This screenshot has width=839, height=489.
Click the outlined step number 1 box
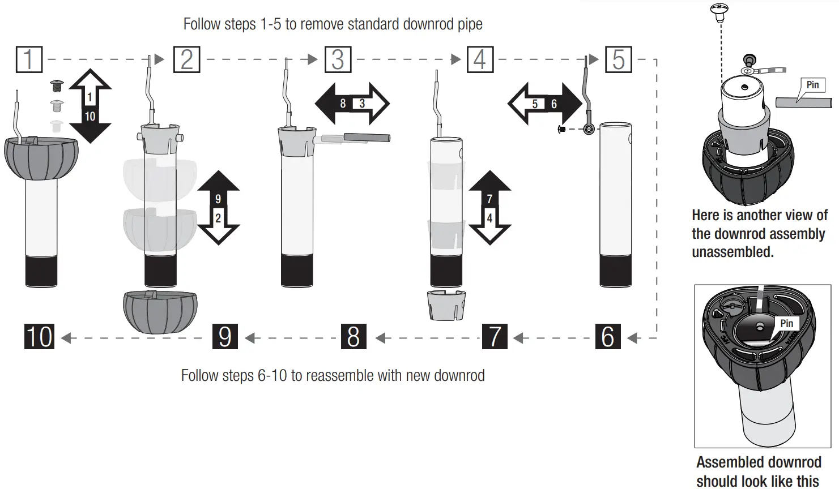click(x=29, y=59)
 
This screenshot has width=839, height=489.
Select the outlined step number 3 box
click(x=338, y=59)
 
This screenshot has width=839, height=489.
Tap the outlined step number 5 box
click(x=619, y=59)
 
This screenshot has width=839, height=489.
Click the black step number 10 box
click(x=39, y=337)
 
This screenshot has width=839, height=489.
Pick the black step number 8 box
click(x=354, y=337)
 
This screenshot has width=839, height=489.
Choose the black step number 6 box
click(x=608, y=337)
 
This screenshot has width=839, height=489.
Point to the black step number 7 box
click(x=495, y=337)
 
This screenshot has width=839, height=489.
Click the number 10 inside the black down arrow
click(x=90, y=117)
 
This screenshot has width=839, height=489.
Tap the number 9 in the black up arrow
click(x=218, y=199)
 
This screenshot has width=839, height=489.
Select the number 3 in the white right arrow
click(x=362, y=104)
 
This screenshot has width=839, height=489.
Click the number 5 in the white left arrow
click(x=535, y=104)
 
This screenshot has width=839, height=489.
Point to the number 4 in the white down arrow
click(x=489, y=218)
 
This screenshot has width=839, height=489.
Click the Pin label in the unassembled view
click(x=812, y=85)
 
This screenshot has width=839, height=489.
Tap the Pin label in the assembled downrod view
click(x=787, y=323)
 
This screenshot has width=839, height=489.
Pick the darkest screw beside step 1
click(x=57, y=86)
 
